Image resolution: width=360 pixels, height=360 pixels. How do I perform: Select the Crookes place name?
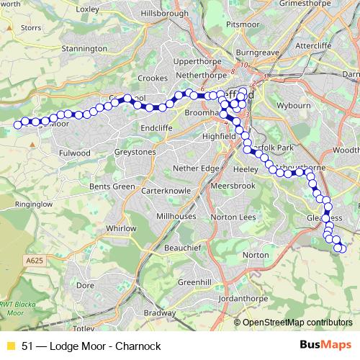[152, 78]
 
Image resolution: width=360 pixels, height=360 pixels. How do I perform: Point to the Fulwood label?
[75, 153]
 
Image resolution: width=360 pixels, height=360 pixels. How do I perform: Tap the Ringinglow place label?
[19, 204]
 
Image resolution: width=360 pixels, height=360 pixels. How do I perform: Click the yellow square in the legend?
[10, 345]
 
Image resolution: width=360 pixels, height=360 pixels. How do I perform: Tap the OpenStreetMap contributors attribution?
[297, 323]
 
